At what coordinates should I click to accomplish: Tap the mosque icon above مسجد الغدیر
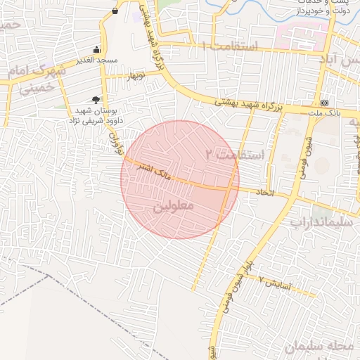point(97,50)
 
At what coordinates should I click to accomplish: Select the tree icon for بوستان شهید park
point(95,99)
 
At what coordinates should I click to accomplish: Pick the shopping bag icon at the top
point(115,11)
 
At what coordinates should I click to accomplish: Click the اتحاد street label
point(264,192)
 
